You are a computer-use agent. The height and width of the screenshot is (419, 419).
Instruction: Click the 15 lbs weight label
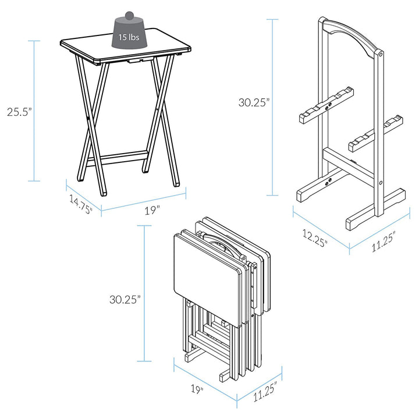point(129,37)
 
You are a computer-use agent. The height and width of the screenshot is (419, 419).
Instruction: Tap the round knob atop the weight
point(129,13)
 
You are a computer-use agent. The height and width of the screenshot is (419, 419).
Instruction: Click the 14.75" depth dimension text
point(81,205)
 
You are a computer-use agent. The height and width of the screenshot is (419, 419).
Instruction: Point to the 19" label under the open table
point(152,210)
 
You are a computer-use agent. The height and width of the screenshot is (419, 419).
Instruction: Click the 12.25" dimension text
point(314,237)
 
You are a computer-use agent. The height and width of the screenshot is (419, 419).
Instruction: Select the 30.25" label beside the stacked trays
point(126,300)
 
